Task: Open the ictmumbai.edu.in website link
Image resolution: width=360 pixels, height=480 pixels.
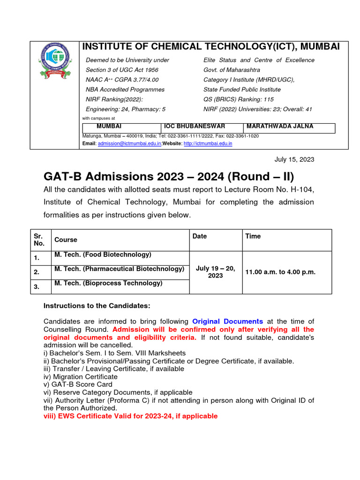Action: [208, 143]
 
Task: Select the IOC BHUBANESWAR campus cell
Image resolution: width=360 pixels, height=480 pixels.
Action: [194, 127]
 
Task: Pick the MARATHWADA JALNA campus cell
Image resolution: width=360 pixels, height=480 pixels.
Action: [280, 127]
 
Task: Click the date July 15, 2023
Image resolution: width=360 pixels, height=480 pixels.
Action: [294, 159]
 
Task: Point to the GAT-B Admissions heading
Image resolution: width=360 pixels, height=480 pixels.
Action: [169, 177]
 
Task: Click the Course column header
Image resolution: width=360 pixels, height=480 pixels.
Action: [66, 240]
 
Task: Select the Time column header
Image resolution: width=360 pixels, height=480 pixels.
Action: [253, 236]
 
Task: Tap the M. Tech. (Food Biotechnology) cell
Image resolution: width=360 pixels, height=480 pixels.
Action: [103, 255]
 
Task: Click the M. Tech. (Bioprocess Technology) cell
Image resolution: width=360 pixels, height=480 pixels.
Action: [108, 283]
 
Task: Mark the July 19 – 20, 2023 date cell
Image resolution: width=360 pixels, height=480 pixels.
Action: [216, 272]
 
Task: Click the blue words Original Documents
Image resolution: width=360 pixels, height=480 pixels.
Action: [227, 322]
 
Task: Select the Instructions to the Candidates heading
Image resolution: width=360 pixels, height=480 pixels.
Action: [97, 306]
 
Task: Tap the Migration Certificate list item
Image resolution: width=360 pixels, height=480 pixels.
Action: [81, 376]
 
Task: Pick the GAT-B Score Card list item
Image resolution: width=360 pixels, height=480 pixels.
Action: [78, 384]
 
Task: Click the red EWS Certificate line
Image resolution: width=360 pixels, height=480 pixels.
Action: [130, 416]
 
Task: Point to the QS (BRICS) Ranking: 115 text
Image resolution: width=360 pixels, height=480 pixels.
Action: [239, 99]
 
